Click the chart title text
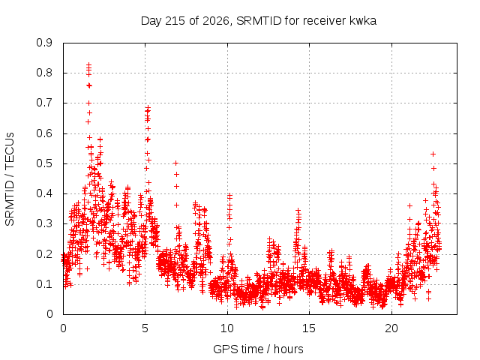point(258,21)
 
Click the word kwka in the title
point(362,21)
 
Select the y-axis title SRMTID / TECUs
point(10,179)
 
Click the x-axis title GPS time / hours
point(258,349)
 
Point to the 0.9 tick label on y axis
point(44,43)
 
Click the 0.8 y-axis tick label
point(44,73)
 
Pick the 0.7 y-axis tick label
point(44,103)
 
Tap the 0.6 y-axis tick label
point(44,133)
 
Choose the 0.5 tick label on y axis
point(44,163)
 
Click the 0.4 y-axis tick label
point(44,193)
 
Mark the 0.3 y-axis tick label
point(44,223)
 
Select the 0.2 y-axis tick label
point(44,254)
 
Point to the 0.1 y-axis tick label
point(44,284)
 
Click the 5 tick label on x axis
point(145,328)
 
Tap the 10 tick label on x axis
point(227,328)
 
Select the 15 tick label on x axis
point(309,328)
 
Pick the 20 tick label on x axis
point(391,328)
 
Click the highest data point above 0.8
point(88,64)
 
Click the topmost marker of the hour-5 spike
point(148,108)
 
